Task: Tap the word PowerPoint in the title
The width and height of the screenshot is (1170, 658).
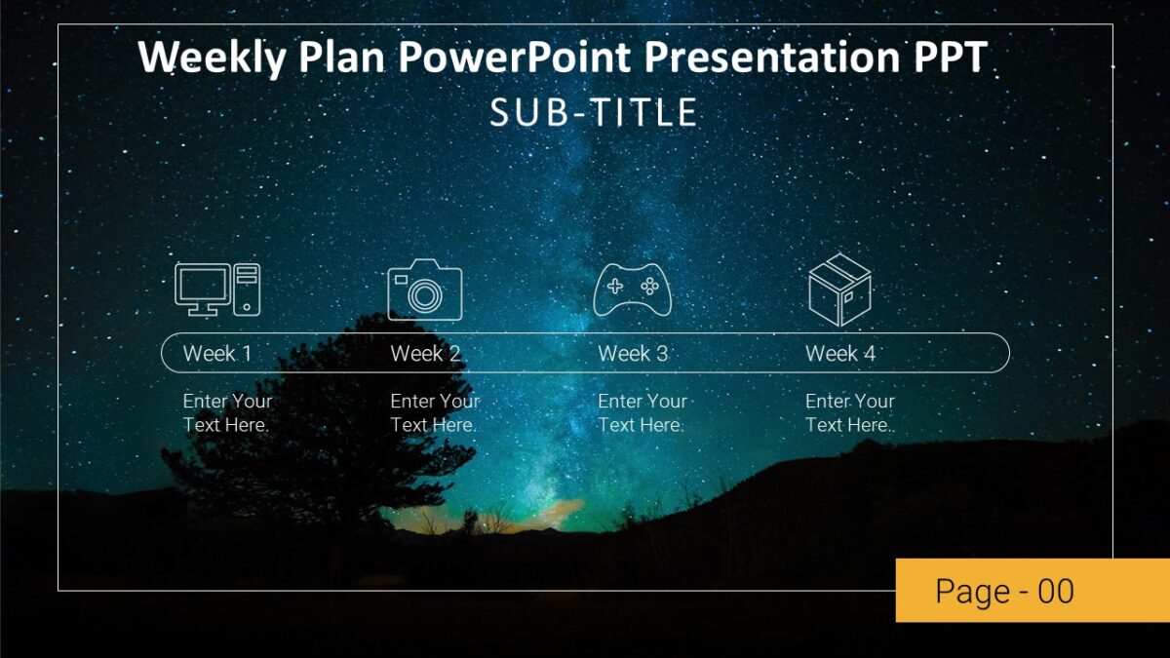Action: coord(517,58)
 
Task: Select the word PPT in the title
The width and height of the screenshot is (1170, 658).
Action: coord(950,58)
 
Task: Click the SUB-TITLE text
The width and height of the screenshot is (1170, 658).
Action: coord(594,113)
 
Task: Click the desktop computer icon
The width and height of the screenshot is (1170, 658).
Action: coord(216,290)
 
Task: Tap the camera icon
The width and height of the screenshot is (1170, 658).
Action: coord(424,290)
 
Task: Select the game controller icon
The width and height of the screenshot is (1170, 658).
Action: coord(632,290)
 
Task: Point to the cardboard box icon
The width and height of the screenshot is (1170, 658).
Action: coord(839,290)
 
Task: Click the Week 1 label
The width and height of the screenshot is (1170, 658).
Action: coord(217,354)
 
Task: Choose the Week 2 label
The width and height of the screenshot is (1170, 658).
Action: coord(425,354)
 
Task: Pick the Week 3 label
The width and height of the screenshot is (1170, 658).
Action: coord(633,354)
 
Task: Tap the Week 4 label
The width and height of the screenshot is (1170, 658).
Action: coord(840,354)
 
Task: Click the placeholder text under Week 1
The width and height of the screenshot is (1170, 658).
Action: coord(227,413)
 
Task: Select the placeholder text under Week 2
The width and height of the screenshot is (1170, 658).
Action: coord(435,413)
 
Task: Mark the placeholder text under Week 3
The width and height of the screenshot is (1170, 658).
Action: coord(643,413)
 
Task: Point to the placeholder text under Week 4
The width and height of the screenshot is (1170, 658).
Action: coord(850,413)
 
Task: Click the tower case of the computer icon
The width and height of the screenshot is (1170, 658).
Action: coord(247,289)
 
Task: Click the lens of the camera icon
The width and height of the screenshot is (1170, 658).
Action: coord(425,295)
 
